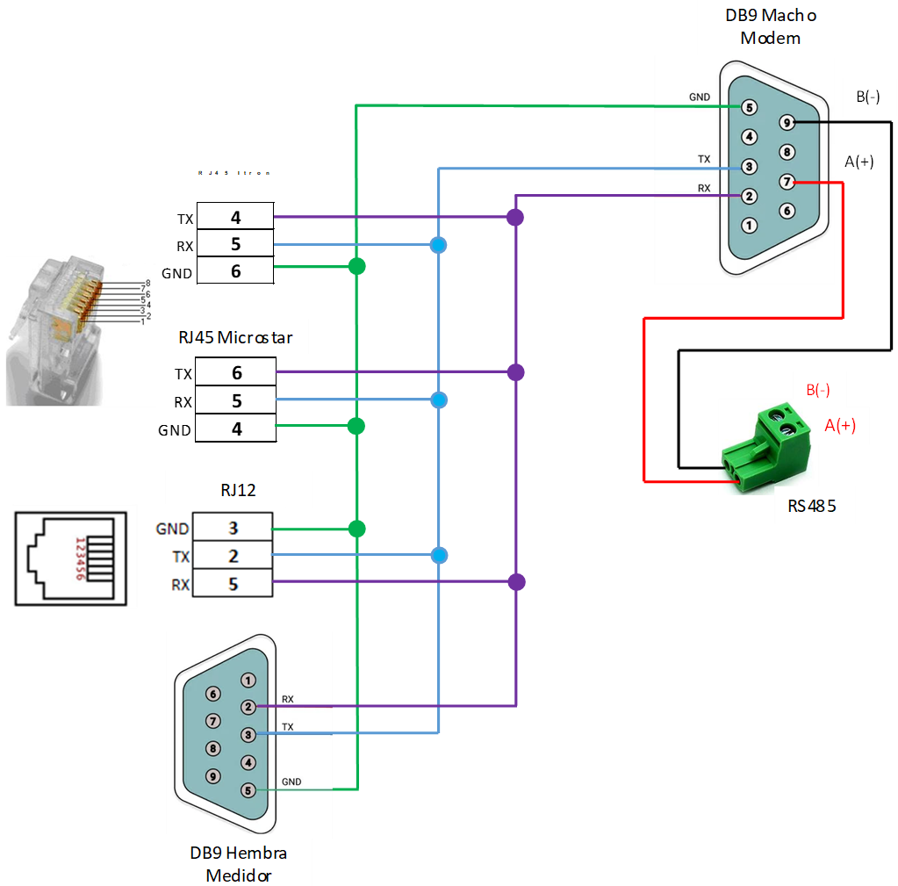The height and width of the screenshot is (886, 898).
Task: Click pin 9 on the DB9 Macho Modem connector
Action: pyautogui.click(x=787, y=123)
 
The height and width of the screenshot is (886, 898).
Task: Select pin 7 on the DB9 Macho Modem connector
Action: pyautogui.click(x=787, y=182)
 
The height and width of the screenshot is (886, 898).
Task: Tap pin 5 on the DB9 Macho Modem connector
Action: pyautogui.click(x=749, y=107)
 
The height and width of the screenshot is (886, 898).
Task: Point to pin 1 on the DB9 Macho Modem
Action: pyautogui.click(x=749, y=225)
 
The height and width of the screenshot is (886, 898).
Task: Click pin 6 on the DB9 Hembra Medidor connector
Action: pyautogui.click(x=212, y=693)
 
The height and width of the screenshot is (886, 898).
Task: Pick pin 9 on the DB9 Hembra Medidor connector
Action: pyautogui.click(x=212, y=776)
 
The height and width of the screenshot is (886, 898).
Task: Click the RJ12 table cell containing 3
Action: pyautogui.click(x=233, y=529)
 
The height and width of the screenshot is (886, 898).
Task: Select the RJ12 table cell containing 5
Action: pyautogui.click(x=233, y=584)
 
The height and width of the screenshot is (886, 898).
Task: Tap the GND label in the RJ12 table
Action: pyautogui.click(x=172, y=529)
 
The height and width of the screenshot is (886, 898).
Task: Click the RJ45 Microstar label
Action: pyautogui.click(x=236, y=337)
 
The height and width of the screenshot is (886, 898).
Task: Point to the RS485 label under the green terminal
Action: pyautogui.click(x=815, y=507)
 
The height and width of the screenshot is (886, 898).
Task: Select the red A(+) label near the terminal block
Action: pyautogui.click(x=840, y=425)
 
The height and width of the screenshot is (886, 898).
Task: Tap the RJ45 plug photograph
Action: pyautogui.click(x=80, y=329)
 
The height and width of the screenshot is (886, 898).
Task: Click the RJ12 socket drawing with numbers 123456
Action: pyautogui.click(x=74, y=555)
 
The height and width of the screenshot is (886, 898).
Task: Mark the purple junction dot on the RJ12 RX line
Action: pyautogui.click(x=516, y=581)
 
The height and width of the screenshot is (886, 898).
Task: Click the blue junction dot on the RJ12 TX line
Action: pyautogui.click(x=439, y=555)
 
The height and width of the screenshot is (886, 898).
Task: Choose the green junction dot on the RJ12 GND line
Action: pyautogui.click(x=356, y=529)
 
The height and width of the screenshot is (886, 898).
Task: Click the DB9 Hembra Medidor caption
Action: pyautogui.click(x=238, y=864)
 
